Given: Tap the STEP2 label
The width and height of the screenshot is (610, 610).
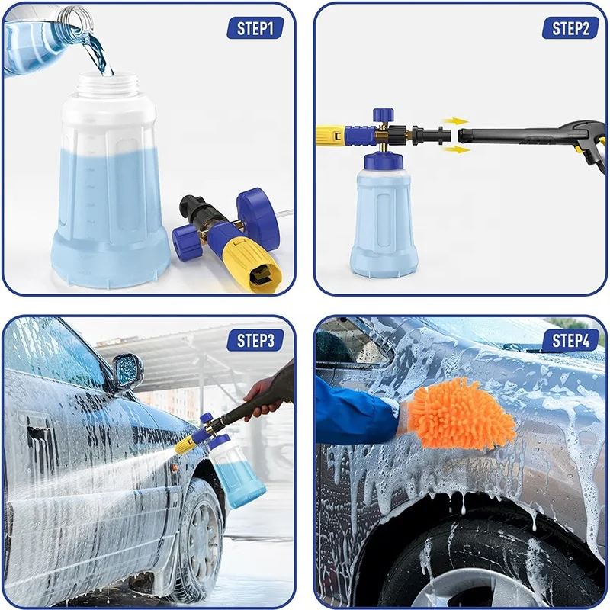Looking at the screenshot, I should point(570,28).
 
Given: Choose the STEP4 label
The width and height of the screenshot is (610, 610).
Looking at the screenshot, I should point(570,340).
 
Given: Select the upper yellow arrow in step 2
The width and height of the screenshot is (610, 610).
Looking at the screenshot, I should point(456,121).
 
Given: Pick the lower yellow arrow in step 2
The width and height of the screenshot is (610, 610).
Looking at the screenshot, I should point(456,149).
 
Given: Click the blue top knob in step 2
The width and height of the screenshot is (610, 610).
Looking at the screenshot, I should point(383,117).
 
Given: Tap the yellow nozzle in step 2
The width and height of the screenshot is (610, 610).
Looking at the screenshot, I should point(331,136).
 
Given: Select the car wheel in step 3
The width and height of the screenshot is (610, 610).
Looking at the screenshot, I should point(197,534).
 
